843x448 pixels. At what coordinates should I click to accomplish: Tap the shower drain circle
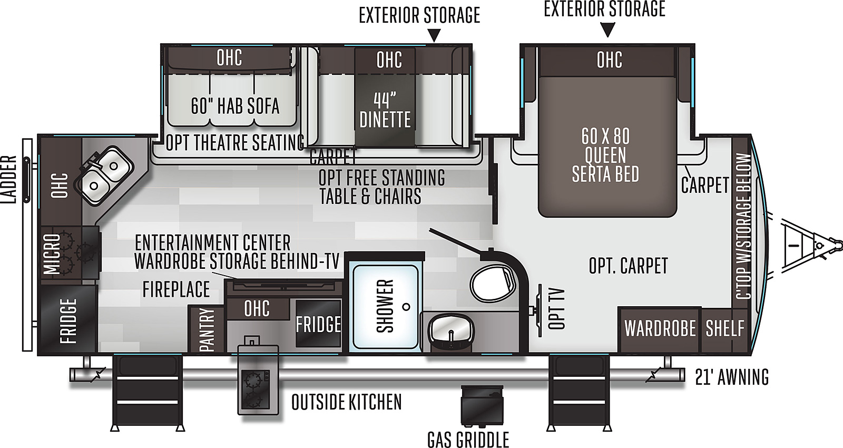(406, 307)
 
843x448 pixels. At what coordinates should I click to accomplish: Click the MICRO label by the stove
(52, 254)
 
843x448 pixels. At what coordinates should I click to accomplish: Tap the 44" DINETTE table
(385, 109)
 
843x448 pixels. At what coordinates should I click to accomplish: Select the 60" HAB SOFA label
(235, 106)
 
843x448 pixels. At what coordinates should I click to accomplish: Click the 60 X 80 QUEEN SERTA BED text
(605, 155)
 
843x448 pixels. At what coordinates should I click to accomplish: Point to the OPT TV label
(556, 309)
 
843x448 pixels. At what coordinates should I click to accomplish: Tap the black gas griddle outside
(482, 406)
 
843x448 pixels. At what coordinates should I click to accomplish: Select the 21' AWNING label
(732, 377)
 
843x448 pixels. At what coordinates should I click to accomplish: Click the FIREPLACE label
(176, 289)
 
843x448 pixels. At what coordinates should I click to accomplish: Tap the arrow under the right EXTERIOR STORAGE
(607, 30)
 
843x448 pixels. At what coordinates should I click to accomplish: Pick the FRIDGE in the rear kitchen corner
(68, 319)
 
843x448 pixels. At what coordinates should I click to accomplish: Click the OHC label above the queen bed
(609, 60)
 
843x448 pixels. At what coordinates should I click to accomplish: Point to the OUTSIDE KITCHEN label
(347, 402)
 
